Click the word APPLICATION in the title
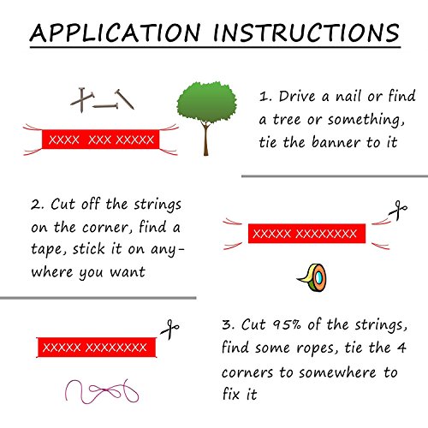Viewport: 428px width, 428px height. [x=115, y=33]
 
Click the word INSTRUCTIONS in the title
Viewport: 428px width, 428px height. [x=306, y=33]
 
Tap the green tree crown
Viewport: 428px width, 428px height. [x=206, y=102]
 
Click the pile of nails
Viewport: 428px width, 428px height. [x=102, y=100]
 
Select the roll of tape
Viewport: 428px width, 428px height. [x=312, y=277]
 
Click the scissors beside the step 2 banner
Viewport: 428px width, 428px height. [x=398, y=210]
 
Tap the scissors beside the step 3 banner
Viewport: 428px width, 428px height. [x=169, y=330]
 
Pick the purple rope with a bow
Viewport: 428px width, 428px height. [x=102, y=391]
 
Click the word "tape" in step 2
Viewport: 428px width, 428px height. [x=46, y=249]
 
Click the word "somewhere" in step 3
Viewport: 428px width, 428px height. [x=337, y=372]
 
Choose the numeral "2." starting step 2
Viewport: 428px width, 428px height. [x=38, y=205]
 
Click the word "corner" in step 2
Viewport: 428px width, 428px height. [x=104, y=228]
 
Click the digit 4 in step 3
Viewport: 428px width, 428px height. [x=401, y=348]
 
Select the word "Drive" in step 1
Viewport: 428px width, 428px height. [x=297, y=96]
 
